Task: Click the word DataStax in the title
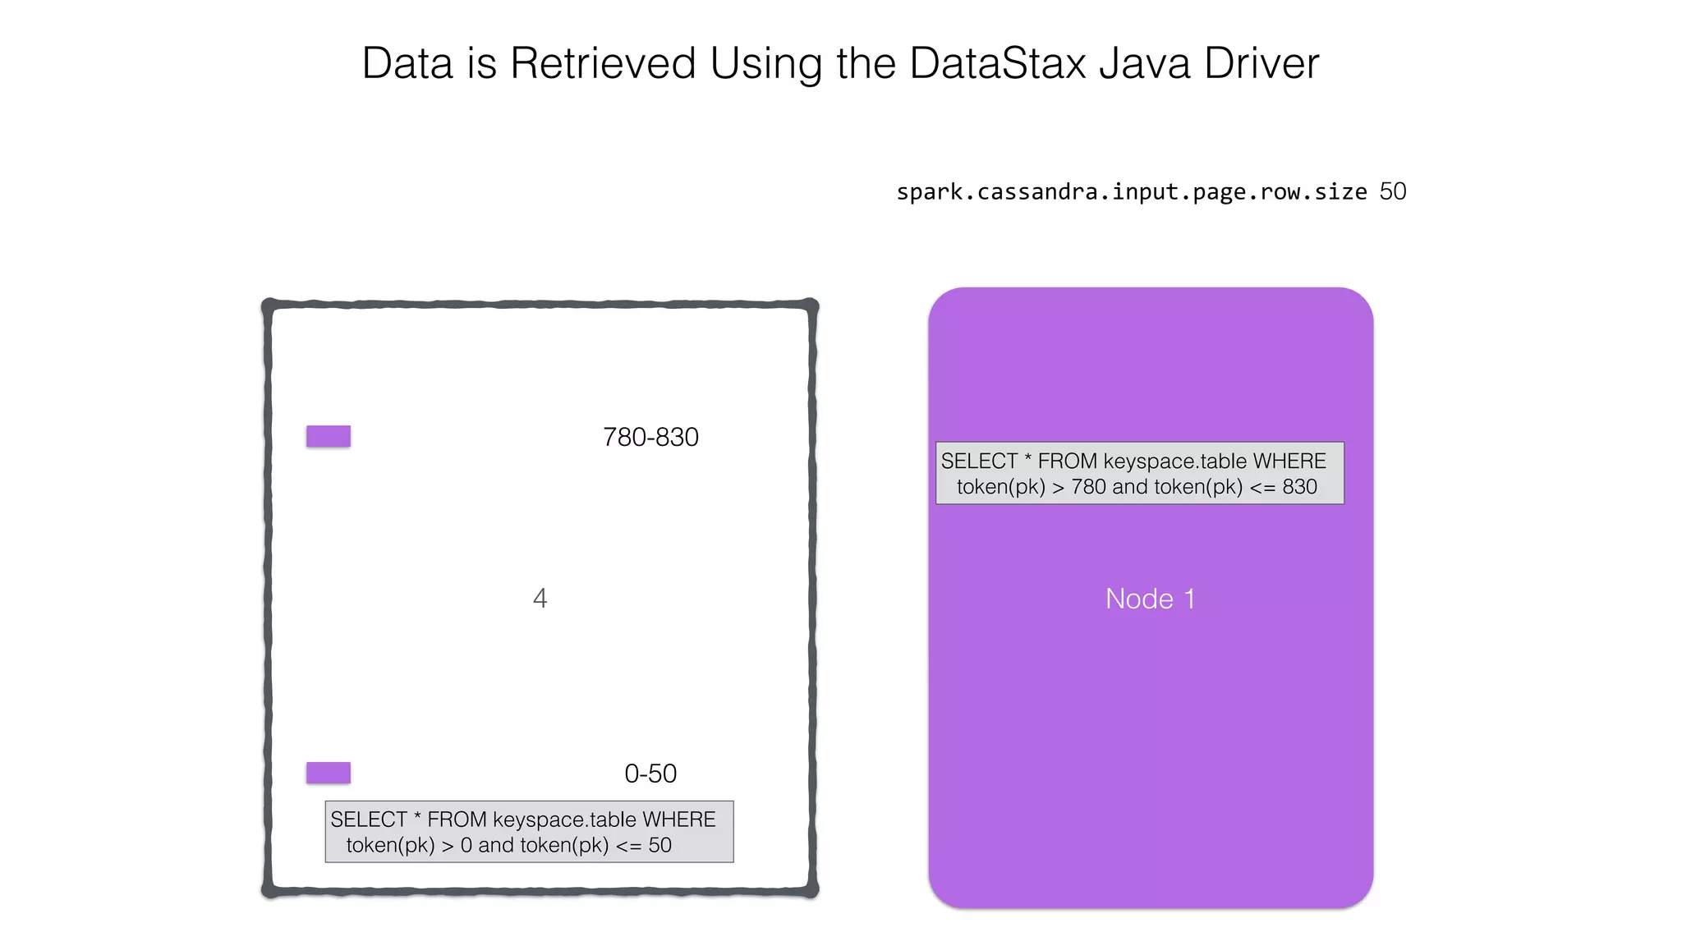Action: click(x=998, y=63)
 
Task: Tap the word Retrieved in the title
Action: click(x=603, y=63)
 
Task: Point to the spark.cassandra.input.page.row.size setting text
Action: click(x=1131, y=192)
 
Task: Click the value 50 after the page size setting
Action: click(x=1393, y=191)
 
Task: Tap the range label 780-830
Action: click(x=650, y=437)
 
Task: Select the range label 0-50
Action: click(x=650, y=774)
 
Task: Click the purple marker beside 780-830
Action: click(x=329, y=436)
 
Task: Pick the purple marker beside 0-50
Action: click(x=329, y=773)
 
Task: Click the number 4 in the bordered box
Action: click(x=540, y=598)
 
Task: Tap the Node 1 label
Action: click(x=1150, y=599)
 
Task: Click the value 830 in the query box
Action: click(x=1299, y=487)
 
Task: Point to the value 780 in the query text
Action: click(x=1088, y=487)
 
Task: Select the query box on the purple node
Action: click(x=1139, y=473)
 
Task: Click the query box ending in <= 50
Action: click(x=529, y=832)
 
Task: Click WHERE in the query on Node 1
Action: click(x=1289, y=462)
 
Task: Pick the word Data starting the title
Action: click(x=407, y=63)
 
